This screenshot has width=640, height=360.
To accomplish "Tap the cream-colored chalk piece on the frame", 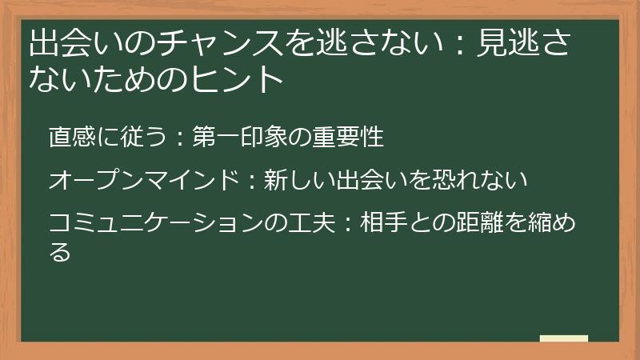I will coord(564,338).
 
